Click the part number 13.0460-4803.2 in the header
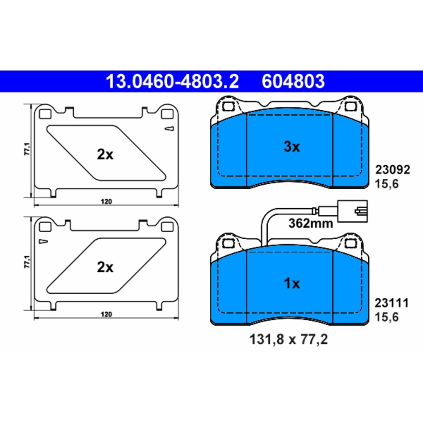tap(172, 81)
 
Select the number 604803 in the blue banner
tap(293, 81)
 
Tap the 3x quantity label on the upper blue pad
tap(292, 147)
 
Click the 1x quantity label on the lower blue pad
tap(292, 284)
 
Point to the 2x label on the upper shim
tap(105, 155)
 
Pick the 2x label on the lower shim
tap(105, 268)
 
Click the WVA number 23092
tap(392, 170)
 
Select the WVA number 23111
tap(392, 303)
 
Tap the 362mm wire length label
tap(311, 224)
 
